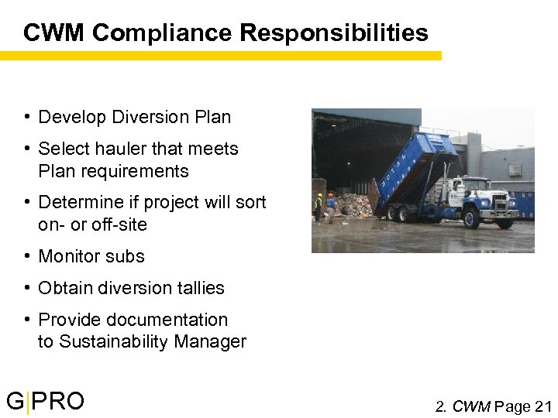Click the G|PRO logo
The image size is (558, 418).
pyautogui.click(x=45, y=402)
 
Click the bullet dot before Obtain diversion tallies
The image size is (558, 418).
pyautogui.click(x=27, y=288)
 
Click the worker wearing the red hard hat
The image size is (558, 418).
pyautogui.click(x=331, y=206)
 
